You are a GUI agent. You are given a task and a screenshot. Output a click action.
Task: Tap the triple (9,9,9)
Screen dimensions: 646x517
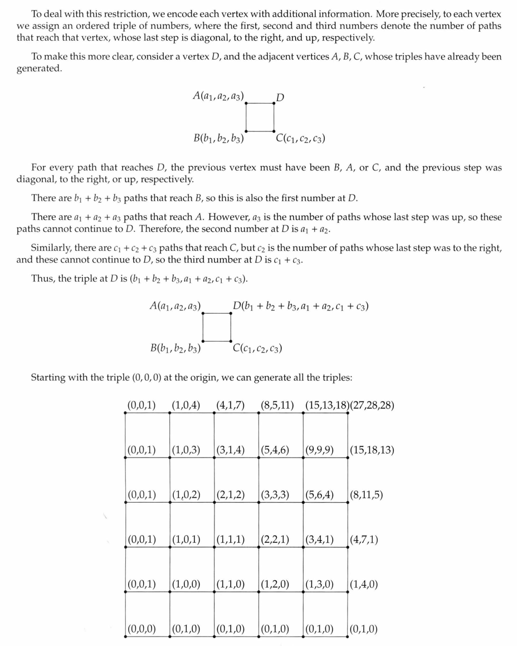click(320, 450)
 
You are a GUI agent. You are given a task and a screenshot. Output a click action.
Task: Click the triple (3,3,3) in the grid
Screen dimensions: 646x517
click(275, 495)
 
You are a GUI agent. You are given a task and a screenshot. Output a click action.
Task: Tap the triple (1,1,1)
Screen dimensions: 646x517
click(231, 540)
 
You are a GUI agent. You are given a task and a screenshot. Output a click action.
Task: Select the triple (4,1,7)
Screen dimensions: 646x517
click(231, 405)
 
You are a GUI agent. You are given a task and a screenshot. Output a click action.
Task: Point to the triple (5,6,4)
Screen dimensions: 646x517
click(320, 495)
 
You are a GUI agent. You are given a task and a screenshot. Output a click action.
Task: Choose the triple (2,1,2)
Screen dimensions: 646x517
click(231, 495)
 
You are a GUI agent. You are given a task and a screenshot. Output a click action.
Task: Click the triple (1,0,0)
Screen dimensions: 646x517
click(186, 585)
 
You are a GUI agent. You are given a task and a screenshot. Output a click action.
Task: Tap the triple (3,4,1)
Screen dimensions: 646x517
click(320, 540)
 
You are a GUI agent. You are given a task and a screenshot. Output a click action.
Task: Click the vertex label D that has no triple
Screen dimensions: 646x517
click(280, 98)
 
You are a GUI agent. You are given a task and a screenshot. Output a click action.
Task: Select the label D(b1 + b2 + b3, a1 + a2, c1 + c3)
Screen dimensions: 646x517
click(301, 307)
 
